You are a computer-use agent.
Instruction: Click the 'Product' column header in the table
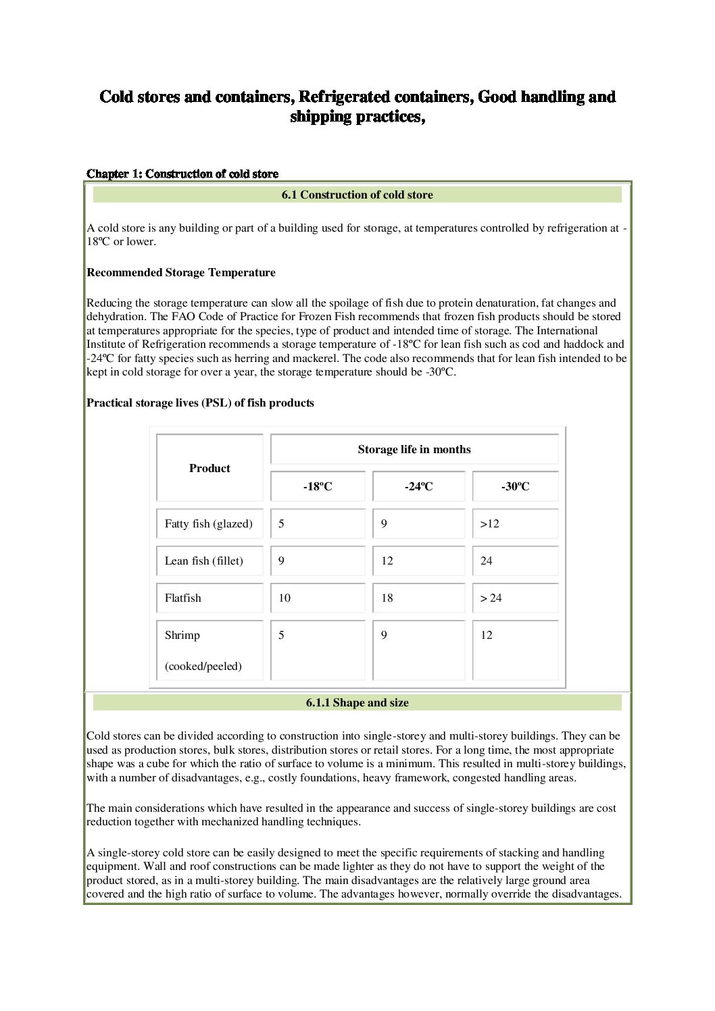click(x=209, y=468)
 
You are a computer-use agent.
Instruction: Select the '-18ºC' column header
click(x=318, y=486)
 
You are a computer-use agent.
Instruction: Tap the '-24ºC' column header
click(x=419, y=486)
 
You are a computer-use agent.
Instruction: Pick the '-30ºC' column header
click(x=515, y=486)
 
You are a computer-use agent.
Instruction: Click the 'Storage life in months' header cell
click(x=414, y=449)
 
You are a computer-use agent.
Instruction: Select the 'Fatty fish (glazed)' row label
click(x=209, y=523)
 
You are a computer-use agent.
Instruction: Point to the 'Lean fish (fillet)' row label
click(x=204, y=561)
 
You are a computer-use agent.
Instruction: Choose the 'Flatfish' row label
click(x=183, y=598)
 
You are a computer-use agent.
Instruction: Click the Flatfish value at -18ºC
click(x=285, y=598)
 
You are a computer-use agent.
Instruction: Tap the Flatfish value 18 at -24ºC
click(x=387, y=598)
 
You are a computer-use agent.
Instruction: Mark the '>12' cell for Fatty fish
click(x=490, y=523)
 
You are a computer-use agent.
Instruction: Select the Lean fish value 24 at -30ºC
click(x=487, y=561)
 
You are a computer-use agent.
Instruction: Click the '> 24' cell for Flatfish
click(x=491, y=598)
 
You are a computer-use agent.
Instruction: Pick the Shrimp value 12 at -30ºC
click(x=487, y=635)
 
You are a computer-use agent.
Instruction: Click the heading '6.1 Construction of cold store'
click(x=357, y=195)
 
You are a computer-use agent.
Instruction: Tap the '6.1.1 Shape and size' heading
click(x=357, y=702)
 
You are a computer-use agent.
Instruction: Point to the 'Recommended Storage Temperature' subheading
click(x=181, y=273)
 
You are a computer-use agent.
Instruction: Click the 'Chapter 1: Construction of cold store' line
click(x=182, y=174)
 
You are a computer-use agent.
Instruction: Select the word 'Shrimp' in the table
click(x=182, y=635)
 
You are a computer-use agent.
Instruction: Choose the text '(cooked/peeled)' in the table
click(x=203, y=666)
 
